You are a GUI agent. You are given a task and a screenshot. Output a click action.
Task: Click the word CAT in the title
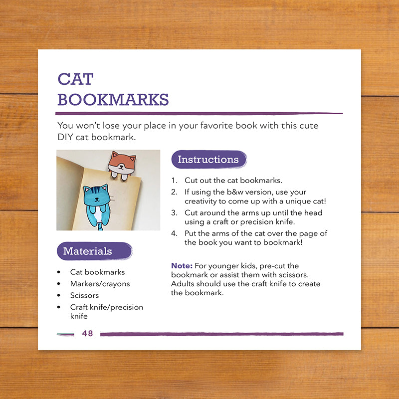(x=76, y=79)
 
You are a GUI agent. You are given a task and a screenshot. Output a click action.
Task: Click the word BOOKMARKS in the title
(x=113, y=99)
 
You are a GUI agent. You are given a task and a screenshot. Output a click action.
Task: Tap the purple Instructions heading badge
(x=209, y=160)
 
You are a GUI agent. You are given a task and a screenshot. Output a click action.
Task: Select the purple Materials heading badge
(x=94, y=251)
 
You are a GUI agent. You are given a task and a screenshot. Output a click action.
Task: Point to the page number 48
(x=88, y=333)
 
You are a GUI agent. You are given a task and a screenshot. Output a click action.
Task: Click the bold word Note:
(x=182, y=266)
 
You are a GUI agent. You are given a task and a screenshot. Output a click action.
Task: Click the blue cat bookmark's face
(x=97, y=196)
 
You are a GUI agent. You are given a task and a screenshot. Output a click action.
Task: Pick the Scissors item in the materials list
(x=84, y=295)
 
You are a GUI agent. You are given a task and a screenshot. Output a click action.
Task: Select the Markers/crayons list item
(x=100, y=284)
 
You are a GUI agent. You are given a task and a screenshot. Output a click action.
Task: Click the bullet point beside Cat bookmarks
(x=59, y=272)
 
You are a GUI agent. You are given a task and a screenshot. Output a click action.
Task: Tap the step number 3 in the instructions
(x=174, y=213)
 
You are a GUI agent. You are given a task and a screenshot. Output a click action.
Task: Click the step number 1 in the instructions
(x=174, y=181)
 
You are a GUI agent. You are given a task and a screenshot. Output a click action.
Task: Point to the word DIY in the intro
(x=65, y=137)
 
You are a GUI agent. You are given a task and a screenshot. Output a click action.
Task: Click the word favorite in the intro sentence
(x=216, y=126)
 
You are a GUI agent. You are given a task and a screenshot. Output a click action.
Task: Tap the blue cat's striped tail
(x=101, y=226)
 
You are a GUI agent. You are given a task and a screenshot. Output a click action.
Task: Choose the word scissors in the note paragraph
(x=294, y=275)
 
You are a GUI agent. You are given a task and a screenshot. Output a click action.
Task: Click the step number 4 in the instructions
(x=174, y=233)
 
